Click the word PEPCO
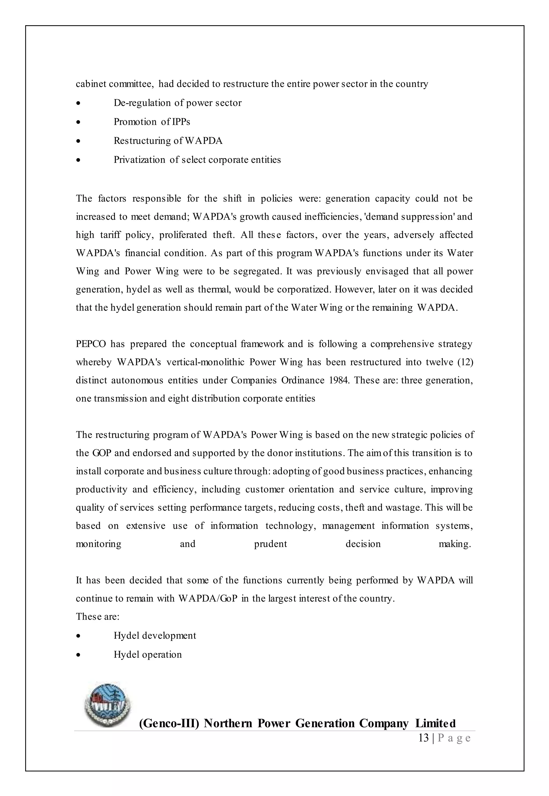pyautogui.click(x=91, y=344)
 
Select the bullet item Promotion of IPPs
pyautogui.click(x=152, y=122)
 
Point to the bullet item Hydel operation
pyautogui.click(x=147, y=655)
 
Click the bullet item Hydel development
pyautogui.click(x=155, y=636)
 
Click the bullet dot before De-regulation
pyautogui.click(x=79, y=103)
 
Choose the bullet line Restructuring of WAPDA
pyautogui.click(x=168, y=141)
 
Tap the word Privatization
pyautogui.click(x=139, y=160)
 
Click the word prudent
pyautogui.click(x=270, y=544)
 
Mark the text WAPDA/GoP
pyautogui.click(x=208, y=598)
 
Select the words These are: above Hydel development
pyautogui.click(x=97, y=617)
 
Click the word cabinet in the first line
pyautogui.click(x=90, y=84)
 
